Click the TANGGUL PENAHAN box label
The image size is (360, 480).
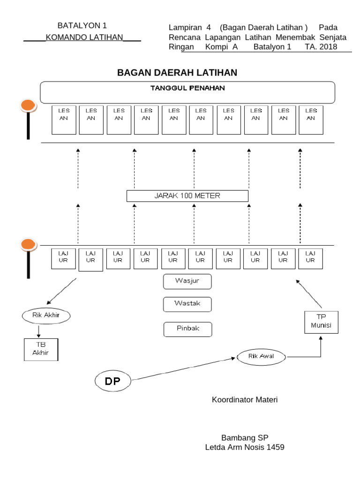pyautogui.click(x=187, y=88)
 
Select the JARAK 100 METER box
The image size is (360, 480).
pyautogui.click(x=187, y=195)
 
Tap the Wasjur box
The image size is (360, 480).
pyautogui.click(x=187, y=282)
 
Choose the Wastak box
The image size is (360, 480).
pyautogui.click(x=187, y=304)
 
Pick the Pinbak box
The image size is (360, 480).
pyautogui.click(x=187, y=329)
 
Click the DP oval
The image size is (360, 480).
pyautogui.click(x=112, y=381)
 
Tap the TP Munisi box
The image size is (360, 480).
pyautogui.click(x=321, y=322)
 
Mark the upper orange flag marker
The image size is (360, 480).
pyautogui.click(x=28, y=106)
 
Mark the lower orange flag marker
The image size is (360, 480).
pyautogui.click(x=29, y=244)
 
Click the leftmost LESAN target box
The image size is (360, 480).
pyautogui.click(x=63, y=120)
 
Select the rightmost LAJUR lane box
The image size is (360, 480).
pyautogui.click(x=310, y=259)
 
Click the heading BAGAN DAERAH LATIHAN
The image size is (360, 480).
pyautogui.click(x=177, y=73)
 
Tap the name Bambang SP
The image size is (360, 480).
pyautogui.click(x=244, y=438)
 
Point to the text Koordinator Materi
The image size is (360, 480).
pyautogui.click(x=245, y=400)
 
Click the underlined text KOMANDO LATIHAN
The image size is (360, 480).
pyautogui.click(x=84, y=37)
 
